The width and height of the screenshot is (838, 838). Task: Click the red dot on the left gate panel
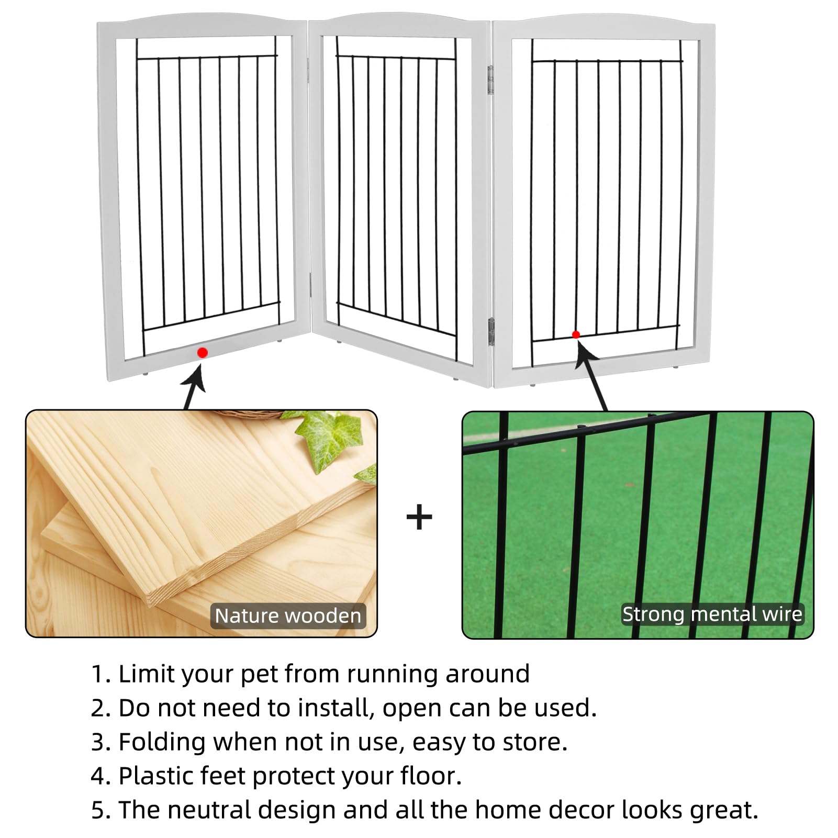(x=203, y=353)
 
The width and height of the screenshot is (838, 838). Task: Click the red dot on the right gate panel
(x=576, y=334)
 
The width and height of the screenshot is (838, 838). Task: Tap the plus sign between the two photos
(x=419, y=518)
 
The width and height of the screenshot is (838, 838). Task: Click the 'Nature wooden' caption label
(x=288, y=616)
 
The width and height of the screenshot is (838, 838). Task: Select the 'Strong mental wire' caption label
(x=712, y=614)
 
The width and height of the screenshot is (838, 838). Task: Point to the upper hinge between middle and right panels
(x=490, y=80)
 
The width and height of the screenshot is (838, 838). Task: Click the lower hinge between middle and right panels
(x=491, y=331)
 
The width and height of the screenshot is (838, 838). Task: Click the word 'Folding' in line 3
(x=162, y=743)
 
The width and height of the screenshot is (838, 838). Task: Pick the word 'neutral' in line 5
(x=208, y=810)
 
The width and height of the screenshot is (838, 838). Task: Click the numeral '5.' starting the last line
(x=101, y=810)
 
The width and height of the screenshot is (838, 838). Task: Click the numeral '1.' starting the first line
(x=101, y=674)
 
